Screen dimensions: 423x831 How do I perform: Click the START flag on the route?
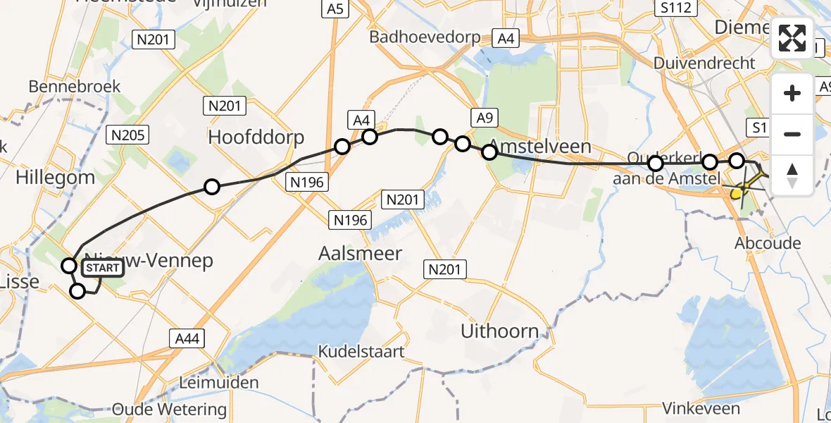click(103, 268)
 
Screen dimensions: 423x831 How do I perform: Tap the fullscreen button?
click(792, 37)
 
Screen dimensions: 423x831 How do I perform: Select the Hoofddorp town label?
click(256, 137)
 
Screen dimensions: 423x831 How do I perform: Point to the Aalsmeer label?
click(360, 253)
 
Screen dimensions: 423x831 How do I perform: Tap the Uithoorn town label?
click(499, 331)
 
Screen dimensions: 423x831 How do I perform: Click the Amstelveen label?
click(539, 147)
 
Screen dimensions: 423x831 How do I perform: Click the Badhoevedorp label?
click(425, 37)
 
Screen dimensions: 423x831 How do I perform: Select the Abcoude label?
click(768, 243)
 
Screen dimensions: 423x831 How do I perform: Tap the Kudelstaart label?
click(361, 351)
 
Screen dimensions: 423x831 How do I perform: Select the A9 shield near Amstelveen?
click(484, 118)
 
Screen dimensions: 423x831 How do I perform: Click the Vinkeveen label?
click(701, 408)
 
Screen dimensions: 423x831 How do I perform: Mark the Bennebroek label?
click(75, 87)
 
